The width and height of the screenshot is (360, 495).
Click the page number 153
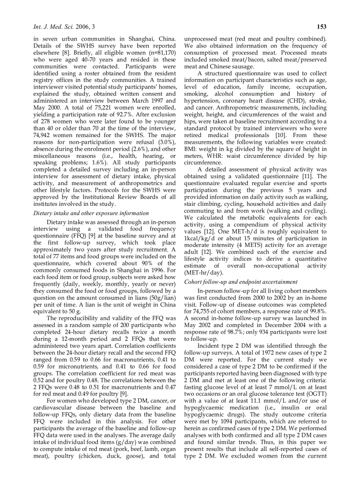(x=322, y=27)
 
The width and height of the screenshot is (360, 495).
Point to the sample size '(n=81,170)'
(x=160, y=53)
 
